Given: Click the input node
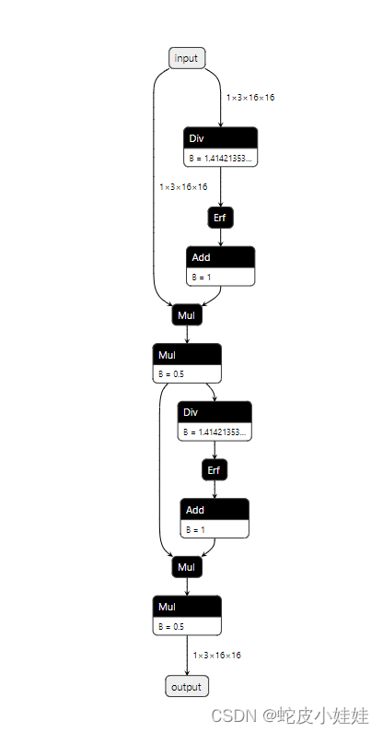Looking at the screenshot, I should [187, 58].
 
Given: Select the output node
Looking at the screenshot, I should [187, 687].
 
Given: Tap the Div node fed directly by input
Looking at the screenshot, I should [220, 138].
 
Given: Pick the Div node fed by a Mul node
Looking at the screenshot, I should [215, 411].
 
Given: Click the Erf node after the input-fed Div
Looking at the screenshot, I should [219, 218].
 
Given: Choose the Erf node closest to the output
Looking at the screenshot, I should [215, 470].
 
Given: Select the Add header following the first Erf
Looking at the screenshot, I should [220, 257].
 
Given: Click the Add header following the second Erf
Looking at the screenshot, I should [215, 510].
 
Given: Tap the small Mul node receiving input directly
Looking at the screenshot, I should [187, 315].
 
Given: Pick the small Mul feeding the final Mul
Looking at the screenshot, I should [187, 567].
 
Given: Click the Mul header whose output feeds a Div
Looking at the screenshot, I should [187, 355].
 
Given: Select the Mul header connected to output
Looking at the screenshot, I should [187, 607].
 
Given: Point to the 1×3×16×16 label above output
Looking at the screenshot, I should [217, 656].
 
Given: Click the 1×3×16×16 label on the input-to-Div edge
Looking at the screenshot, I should [250, 97].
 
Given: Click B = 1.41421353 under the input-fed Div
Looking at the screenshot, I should [220, 159].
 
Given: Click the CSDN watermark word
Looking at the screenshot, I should [226, 715].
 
